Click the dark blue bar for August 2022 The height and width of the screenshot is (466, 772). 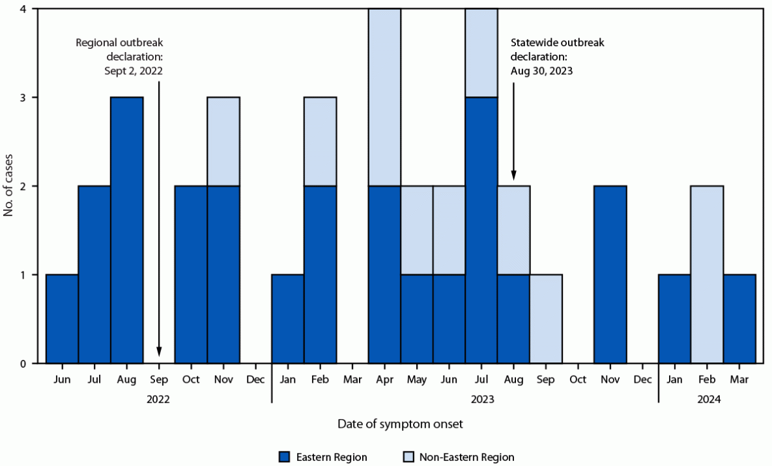click(x=127, y=230)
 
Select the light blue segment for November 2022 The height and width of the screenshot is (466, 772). click(x=223, y=141)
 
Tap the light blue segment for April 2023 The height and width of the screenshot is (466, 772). click(x=384, y=98)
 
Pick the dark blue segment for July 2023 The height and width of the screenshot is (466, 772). click(x=481, y=230)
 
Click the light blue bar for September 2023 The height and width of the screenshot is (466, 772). click(x=545, y=318)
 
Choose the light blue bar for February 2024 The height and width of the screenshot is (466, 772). click(x=707, y=274)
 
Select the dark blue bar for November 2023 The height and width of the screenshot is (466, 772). click(x=610, y=274)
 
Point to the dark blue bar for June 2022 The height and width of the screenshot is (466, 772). click(x=62, y=318)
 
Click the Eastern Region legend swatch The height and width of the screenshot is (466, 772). click(x=284, y=457)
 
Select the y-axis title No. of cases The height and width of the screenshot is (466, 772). click(x=9, y=185)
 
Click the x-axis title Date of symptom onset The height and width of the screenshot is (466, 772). click(x=401, y=424)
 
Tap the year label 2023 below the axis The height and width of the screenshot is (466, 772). click(x=465, y=400)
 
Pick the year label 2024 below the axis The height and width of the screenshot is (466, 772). click(x=707, y=400)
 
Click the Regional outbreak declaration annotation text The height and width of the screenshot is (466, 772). click(x=119, y=57)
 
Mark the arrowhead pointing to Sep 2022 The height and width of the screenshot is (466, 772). click(x=159, y=354)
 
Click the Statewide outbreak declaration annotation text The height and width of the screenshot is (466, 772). click(x=558, y=57)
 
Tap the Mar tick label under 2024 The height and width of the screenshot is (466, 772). click(x=739, y=379)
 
